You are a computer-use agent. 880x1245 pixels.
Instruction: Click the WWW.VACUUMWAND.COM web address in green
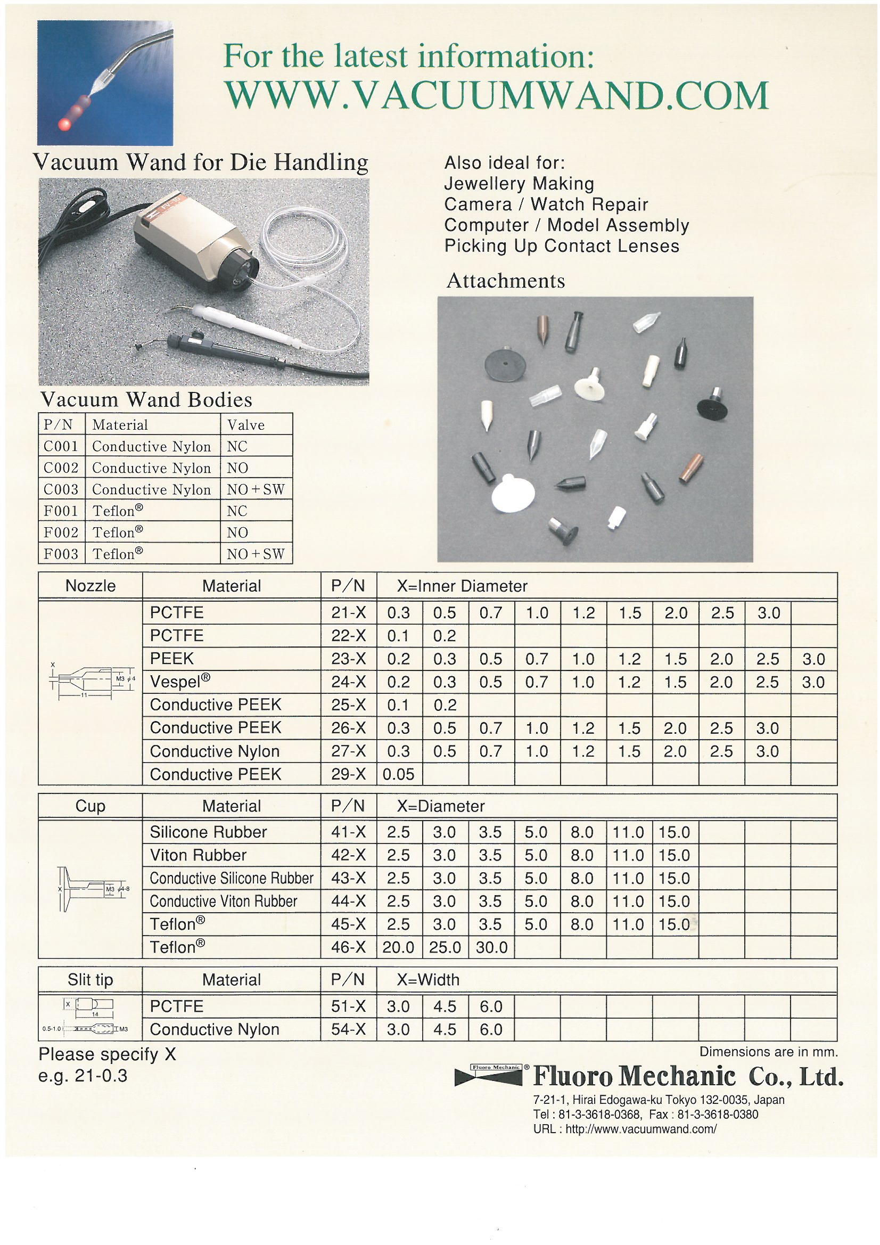pos(496,95)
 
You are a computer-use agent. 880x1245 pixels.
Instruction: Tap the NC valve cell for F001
pos(237,511)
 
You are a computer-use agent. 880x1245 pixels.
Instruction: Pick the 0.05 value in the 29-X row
pos(399,774)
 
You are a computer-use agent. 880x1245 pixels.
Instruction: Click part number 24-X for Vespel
pos(348,682)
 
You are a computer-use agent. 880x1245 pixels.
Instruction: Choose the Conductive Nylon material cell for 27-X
pos(215,751)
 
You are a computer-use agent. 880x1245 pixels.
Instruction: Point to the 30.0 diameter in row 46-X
pos(491,947)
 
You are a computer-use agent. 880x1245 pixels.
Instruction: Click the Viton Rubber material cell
pos(198,855)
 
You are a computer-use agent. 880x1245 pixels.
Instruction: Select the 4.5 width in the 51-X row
pos(445,1006)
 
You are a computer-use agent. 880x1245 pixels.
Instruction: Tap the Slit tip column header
pos(90,980)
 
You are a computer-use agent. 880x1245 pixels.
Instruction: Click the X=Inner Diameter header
pos(462,586)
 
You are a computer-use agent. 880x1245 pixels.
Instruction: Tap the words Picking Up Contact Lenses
pos(561,246)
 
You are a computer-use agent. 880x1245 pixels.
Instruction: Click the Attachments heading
pos(505,281)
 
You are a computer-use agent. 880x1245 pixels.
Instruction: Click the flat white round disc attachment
pos(512,494)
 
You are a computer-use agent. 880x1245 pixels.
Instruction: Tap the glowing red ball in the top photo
pos(64,124)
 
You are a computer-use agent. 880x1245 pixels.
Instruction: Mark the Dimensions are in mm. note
pos(768,1052)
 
